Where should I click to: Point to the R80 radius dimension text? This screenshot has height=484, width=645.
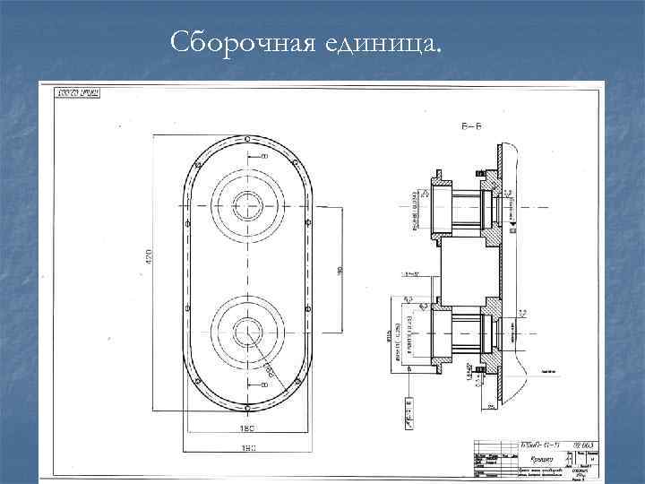[x=266, y=367]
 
